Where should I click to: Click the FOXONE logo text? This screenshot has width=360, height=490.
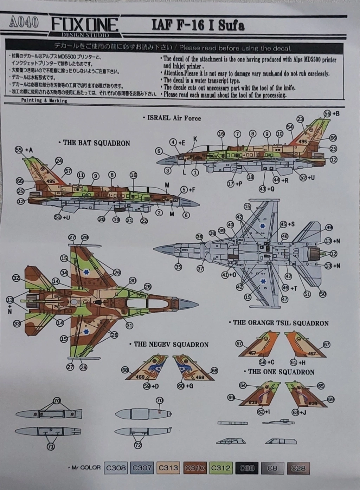85,25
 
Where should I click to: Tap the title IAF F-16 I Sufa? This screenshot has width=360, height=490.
198,25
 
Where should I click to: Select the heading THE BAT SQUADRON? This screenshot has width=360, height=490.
96,143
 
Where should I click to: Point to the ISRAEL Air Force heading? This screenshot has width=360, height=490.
172,118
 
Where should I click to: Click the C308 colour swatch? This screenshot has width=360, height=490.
116,468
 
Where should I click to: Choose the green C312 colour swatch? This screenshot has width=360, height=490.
220,468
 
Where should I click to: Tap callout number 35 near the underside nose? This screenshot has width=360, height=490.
178,267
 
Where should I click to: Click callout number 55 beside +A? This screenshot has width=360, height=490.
19,150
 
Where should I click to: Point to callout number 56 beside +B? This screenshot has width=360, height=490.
327,113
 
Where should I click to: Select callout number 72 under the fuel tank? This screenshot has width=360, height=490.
138,445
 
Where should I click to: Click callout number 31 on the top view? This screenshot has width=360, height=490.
129,325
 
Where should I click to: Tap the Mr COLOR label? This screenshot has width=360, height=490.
86,468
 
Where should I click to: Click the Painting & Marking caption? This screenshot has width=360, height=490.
44,100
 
